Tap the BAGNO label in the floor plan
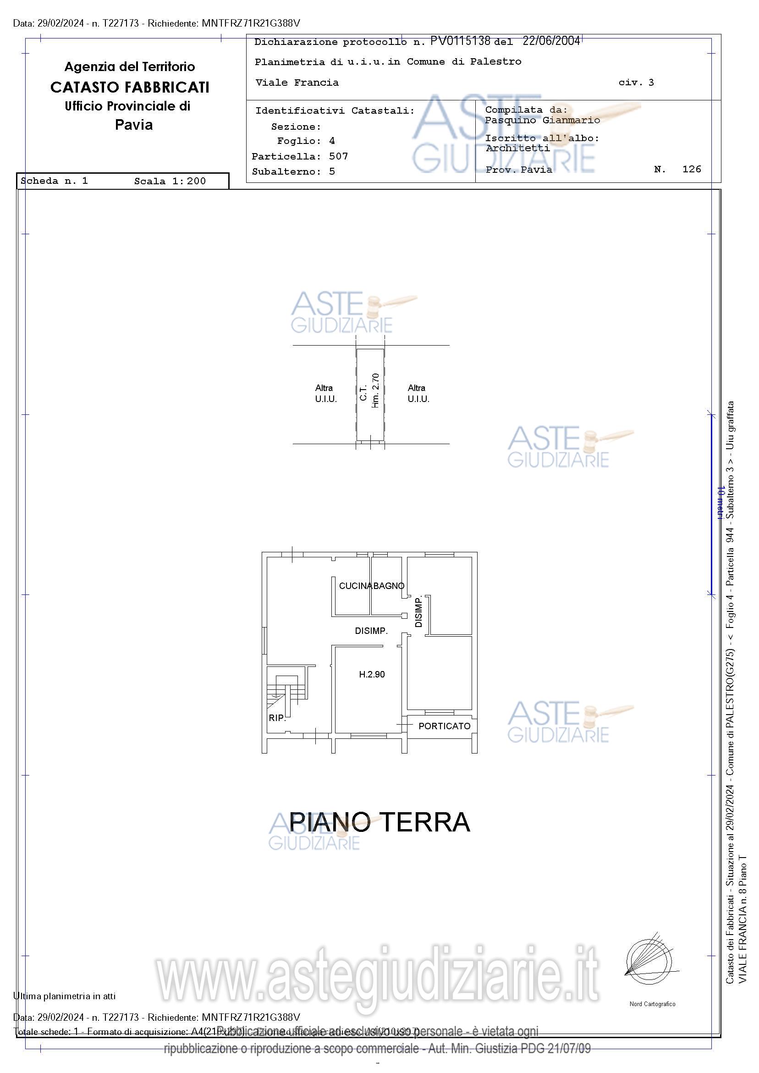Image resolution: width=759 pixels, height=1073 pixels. click(388, 586)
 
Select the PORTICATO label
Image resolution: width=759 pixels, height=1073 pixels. click(444, 726)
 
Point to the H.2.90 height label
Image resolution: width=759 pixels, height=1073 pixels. click(372, 674)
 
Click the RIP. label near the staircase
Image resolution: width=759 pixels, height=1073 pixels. click(277, 718)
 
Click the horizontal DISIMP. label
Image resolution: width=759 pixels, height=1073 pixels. click(371, 631)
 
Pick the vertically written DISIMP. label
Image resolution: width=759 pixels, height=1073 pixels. click(418, 611)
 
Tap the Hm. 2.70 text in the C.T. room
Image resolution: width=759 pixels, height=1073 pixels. click(375, 390)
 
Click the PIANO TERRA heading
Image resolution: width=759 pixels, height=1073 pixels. click(379, 822)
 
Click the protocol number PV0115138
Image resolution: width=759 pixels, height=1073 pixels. click(460, 41)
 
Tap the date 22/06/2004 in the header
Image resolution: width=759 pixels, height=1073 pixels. click(551, 41)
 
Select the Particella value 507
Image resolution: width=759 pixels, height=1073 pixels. click(338, 156)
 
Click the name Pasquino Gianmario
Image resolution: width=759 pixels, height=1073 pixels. click(542, 120)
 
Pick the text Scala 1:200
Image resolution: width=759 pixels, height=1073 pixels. click(170, 182)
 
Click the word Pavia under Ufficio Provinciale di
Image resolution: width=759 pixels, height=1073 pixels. click(134, 125)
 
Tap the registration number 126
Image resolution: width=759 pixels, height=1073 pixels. click(691, 169)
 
